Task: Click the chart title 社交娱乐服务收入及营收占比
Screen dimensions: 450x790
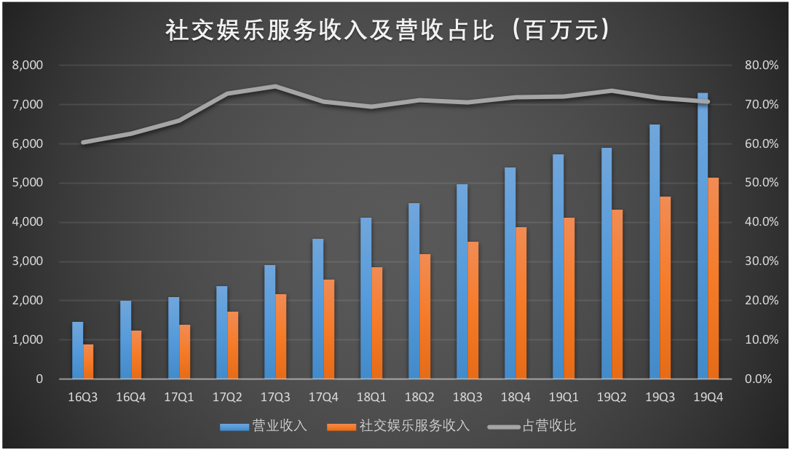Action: (387, 31)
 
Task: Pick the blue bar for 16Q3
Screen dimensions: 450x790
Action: (77, 350)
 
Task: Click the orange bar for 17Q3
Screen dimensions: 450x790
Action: (280, 336)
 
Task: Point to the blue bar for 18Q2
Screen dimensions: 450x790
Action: (414, 291)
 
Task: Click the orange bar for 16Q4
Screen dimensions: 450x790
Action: (136, 355)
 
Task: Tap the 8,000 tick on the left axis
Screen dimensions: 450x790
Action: (28, 66)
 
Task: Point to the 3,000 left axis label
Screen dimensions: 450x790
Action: (28, 261)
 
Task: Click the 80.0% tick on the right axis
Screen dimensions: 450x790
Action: (762, 66)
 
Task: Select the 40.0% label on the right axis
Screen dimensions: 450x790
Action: (762, 222)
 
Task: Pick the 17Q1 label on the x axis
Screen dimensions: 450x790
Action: (179, 398)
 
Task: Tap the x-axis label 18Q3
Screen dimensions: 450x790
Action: (467, 398)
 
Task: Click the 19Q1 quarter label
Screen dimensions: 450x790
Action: (564, 398)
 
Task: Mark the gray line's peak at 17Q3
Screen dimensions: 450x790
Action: (275, 87)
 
